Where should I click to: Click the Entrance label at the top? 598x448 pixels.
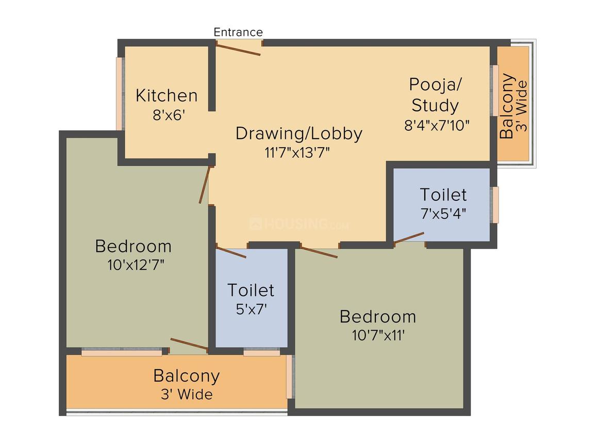tap(238, 32)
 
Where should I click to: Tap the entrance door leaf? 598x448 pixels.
tap(238, 49)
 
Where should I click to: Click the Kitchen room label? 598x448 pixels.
tap(167, 96)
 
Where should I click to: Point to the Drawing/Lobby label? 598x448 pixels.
tap(299, 133)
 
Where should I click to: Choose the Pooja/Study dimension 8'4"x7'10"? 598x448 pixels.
tap(437, 125)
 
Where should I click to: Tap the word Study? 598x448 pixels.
tap(435, 106)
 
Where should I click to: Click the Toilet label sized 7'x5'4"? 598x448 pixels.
tap(443, 195)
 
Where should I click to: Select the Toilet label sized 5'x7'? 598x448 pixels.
tap(251, 290)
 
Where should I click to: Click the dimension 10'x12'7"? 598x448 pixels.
tap(133, 265)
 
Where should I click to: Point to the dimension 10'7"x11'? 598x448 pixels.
tap(378, 335)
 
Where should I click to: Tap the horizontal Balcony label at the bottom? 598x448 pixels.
tap(186, 376)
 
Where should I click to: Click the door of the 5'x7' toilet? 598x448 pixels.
tap(231, 252)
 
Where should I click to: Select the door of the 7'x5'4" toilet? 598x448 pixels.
tap(409, 237)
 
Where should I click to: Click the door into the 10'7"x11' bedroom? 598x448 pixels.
tap(319, 252)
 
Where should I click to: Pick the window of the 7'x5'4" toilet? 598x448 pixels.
tap(495, 204)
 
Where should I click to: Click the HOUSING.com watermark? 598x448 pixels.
tap(299, 224)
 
